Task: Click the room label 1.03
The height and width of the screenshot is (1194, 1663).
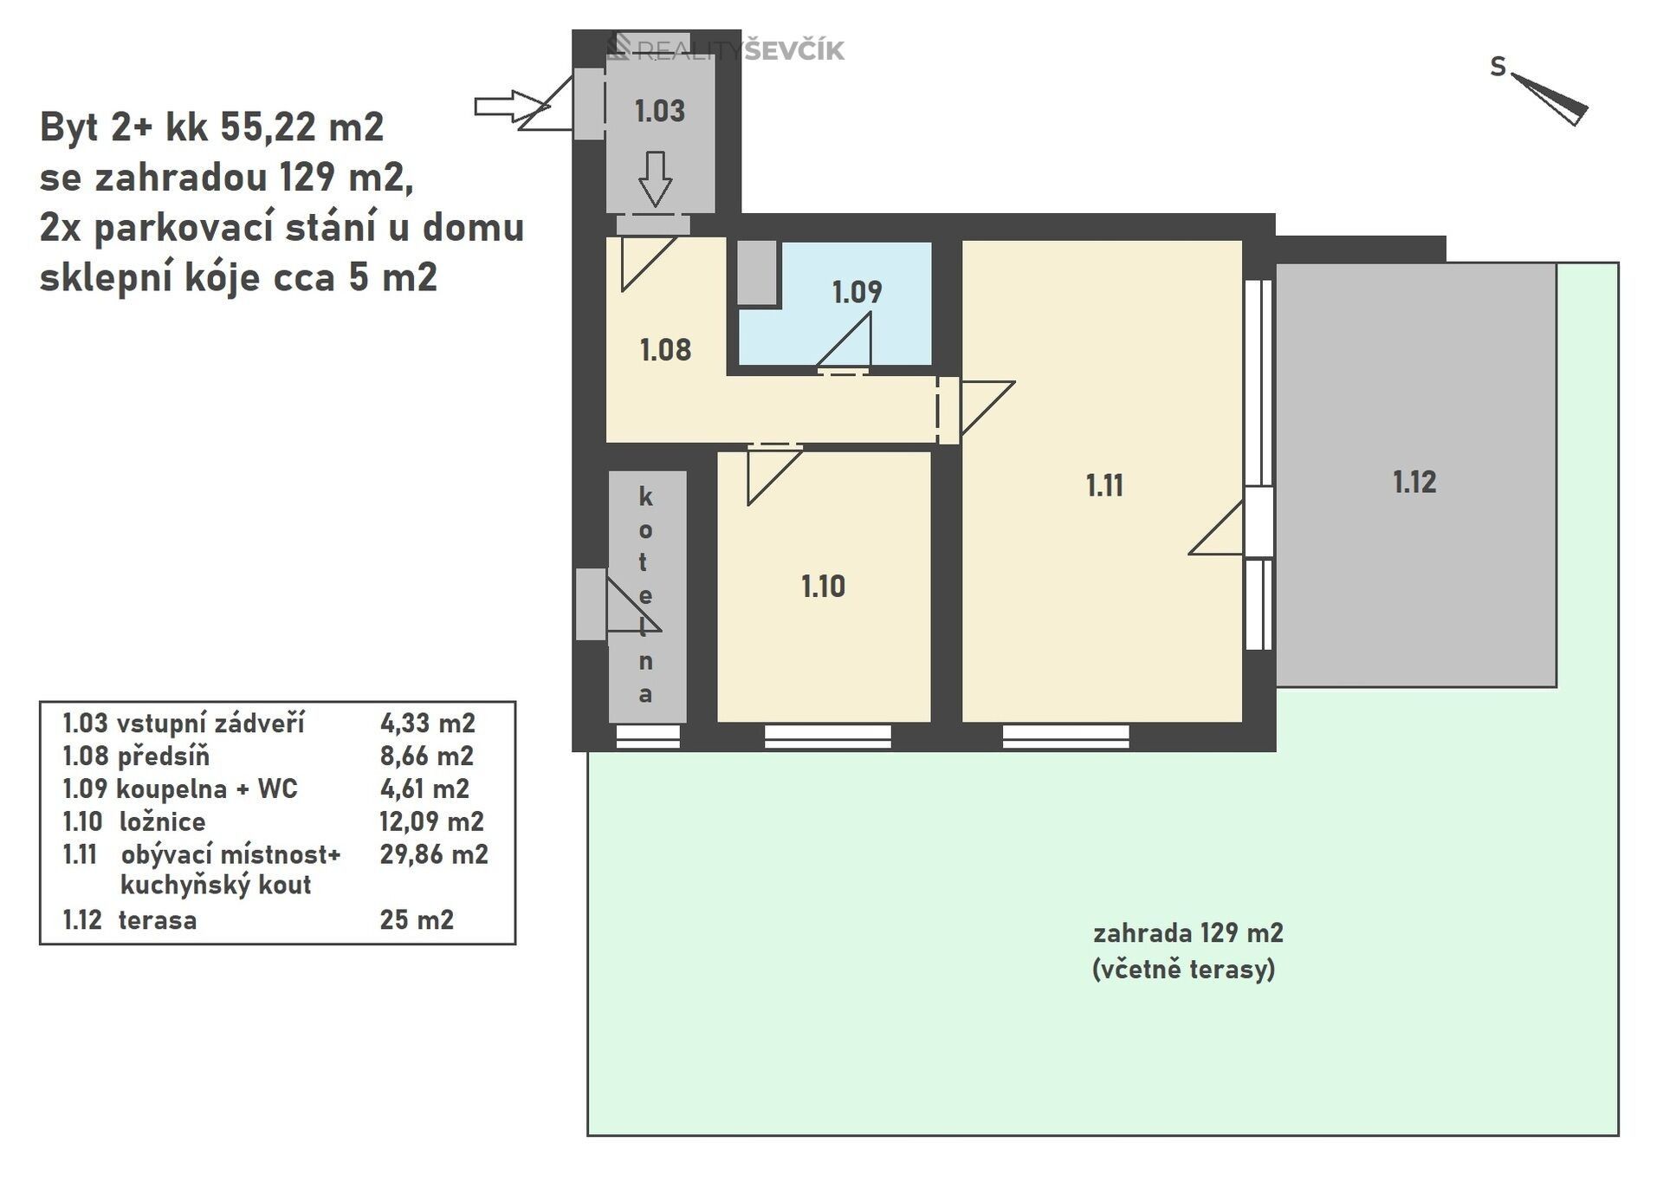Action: click(659, 111)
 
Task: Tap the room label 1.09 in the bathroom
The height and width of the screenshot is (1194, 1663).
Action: click(857, 292)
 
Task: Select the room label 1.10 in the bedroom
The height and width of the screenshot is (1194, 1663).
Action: click(823, 587)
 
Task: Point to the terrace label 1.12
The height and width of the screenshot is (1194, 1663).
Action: click(1414, 482)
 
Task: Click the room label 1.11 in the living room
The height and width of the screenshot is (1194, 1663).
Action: click(1104, 485)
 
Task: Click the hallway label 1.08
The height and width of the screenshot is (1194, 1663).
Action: click(665, 350)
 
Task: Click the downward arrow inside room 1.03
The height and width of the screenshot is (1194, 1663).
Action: click(655, 178)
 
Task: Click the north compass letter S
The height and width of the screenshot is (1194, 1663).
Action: click(1498, 67)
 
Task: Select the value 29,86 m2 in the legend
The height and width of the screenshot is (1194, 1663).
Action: click(433, 854)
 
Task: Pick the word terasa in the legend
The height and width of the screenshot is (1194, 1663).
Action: click(158, 919)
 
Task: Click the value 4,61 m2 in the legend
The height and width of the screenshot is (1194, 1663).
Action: click(424, 788)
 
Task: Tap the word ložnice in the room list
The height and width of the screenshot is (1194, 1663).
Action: click(163, 821)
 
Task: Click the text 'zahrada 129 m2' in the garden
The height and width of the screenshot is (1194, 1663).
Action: click(1187, 933)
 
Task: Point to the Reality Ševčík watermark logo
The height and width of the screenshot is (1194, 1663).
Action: click(726, 49)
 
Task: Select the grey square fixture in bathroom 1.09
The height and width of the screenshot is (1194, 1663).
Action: click(757, 273)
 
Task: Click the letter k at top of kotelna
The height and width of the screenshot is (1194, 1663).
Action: click(645, 497)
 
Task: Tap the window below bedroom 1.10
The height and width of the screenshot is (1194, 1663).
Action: click(827, 737)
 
